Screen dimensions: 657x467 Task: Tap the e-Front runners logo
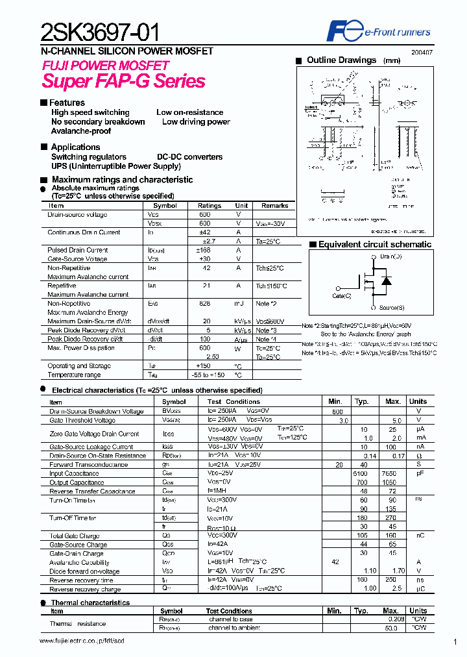[379, 31]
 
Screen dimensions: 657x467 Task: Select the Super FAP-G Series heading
[123, 81]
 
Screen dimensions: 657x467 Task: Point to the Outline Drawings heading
[341, 60]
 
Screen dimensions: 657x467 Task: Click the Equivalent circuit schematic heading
[374, 245]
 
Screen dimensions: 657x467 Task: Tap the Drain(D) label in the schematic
[390, 257]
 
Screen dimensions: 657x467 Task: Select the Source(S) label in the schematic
[391, 307]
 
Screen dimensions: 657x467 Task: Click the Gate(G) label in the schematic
[341, 296]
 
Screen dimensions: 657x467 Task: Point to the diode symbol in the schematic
[387, 281]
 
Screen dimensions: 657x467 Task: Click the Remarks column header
[274, 206]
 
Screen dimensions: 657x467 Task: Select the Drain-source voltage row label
[77, 215]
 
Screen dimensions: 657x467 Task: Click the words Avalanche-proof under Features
[81, 131]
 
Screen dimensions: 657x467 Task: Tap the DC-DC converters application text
[189, 157]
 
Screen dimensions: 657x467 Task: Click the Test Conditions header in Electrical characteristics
[233, 402]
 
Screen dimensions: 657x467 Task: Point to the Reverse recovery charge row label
[85, 589]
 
